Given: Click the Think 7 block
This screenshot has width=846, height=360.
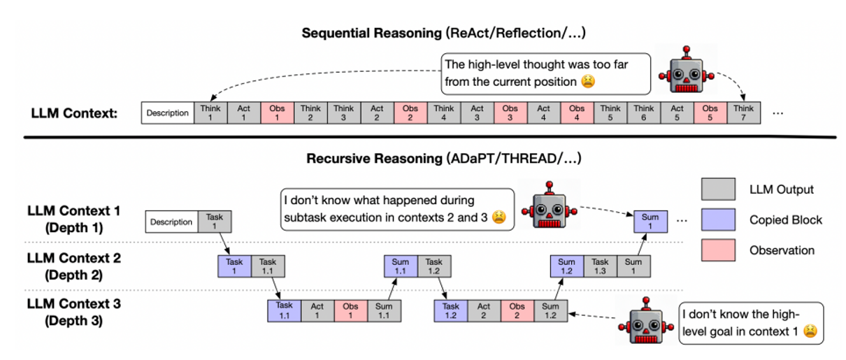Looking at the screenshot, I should pos(743,113).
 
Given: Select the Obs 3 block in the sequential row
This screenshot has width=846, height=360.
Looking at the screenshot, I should pos(510,113).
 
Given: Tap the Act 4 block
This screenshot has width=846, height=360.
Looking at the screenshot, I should pos(544,113).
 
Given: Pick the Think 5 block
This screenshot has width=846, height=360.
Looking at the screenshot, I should pos(610,113).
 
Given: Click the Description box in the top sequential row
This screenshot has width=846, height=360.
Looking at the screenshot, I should pos(168,113).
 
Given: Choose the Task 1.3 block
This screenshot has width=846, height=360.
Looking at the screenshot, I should pos(601,266).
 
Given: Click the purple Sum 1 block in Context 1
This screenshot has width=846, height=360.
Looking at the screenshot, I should pos(650,222).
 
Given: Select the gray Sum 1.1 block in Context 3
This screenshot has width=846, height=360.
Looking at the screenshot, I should pos(384,310).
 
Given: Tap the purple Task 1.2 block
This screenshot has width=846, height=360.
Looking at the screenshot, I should pos(451,310).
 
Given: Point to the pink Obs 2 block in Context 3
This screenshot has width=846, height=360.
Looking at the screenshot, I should pos(517,310).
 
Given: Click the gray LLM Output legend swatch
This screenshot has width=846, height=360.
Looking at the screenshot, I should pos(718,189).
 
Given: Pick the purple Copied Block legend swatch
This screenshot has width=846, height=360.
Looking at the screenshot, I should pos(718,219).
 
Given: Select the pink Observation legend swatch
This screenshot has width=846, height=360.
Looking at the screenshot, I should pos(718,250).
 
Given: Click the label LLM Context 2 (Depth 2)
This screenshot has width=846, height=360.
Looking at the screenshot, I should pos(73,266).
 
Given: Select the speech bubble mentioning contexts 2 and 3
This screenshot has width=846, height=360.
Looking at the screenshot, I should pos(396,208).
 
